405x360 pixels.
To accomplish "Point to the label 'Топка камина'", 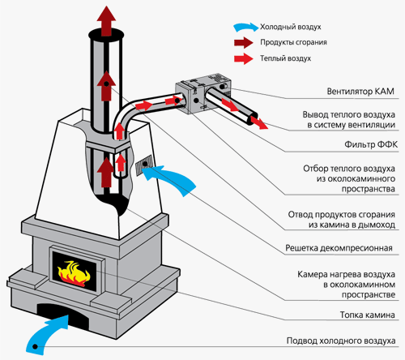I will (x=366, y=315).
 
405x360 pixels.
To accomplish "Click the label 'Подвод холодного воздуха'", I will (x=341, y=341).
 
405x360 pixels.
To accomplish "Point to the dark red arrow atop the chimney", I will (x=104, y=16).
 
